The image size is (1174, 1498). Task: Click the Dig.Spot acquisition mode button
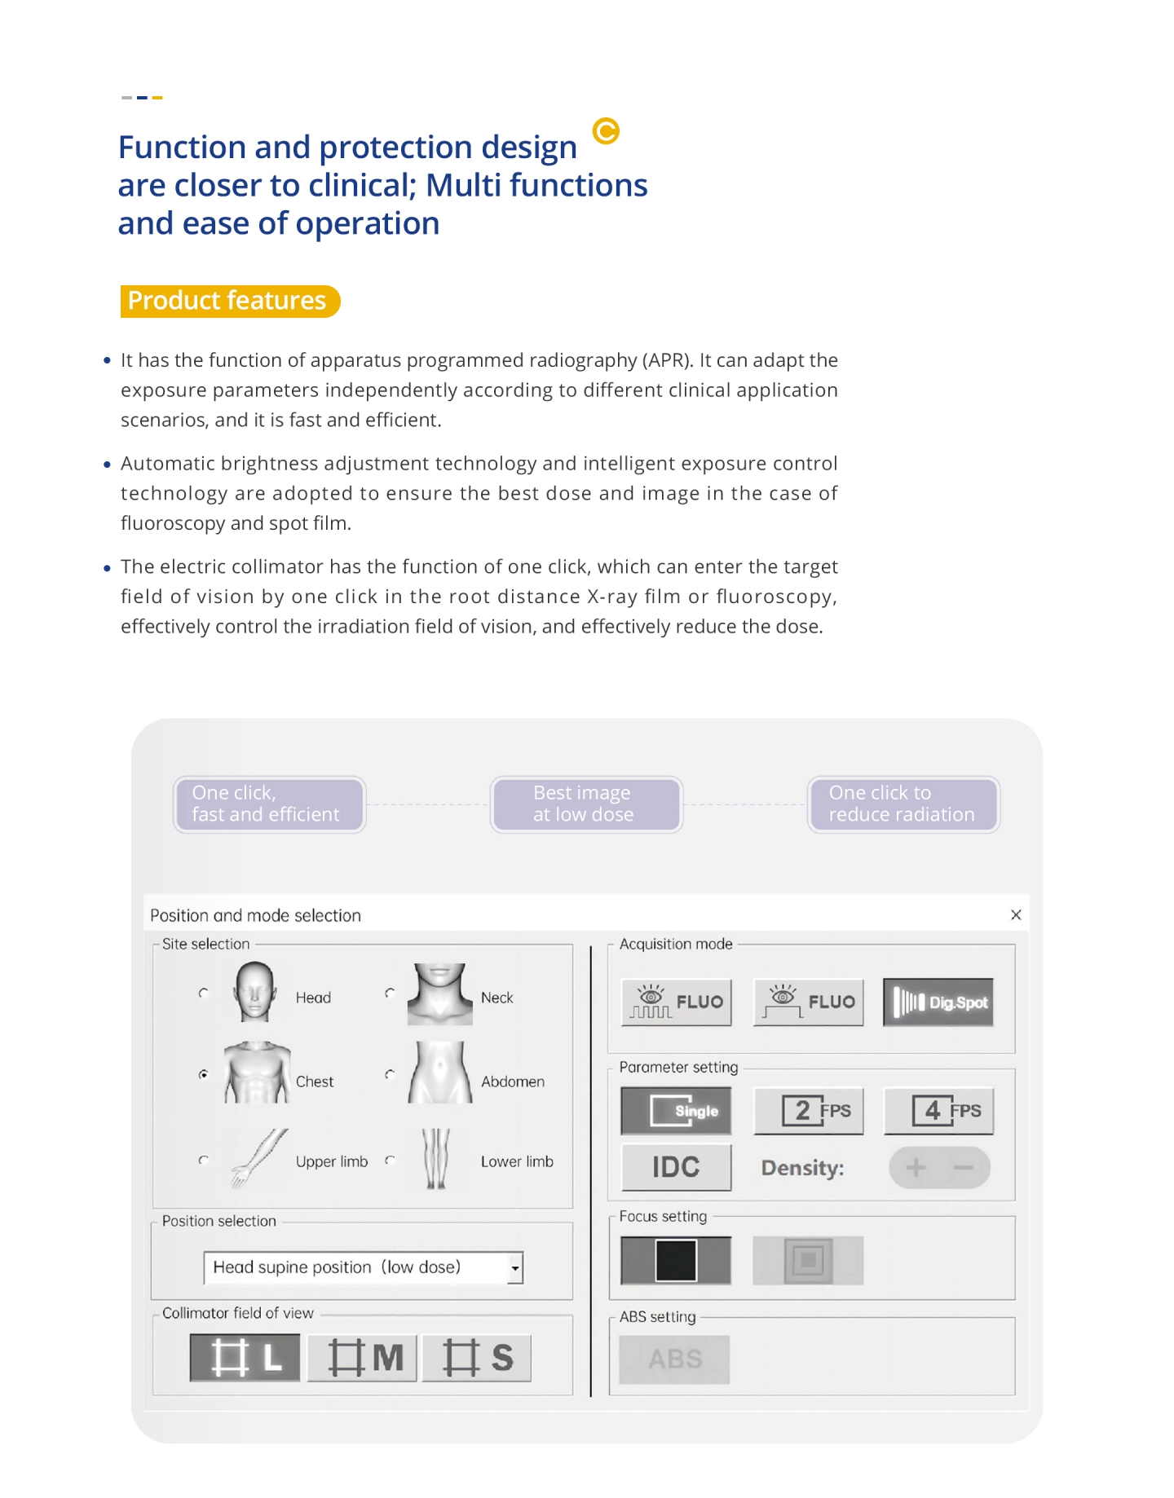938,1002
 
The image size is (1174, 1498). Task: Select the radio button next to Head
203,993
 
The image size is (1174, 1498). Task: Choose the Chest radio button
203,1074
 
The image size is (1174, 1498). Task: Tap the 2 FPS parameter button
808,1110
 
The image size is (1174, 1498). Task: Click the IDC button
676,1167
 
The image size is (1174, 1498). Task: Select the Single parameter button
676,1110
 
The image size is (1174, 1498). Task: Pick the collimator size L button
245,1357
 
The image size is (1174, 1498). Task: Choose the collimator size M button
362,1357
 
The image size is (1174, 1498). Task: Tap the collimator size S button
477,1357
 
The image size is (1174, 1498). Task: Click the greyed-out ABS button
674,1359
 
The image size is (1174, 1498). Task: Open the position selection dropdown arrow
515,1268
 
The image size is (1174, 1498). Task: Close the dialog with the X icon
1016,914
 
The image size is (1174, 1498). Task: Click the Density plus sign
916,1167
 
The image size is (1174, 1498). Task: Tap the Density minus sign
964,1167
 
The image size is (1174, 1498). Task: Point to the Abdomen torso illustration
439,1073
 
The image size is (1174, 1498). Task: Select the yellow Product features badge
229,301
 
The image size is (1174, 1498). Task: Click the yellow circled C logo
606,130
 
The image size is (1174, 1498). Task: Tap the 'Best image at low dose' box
586,804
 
